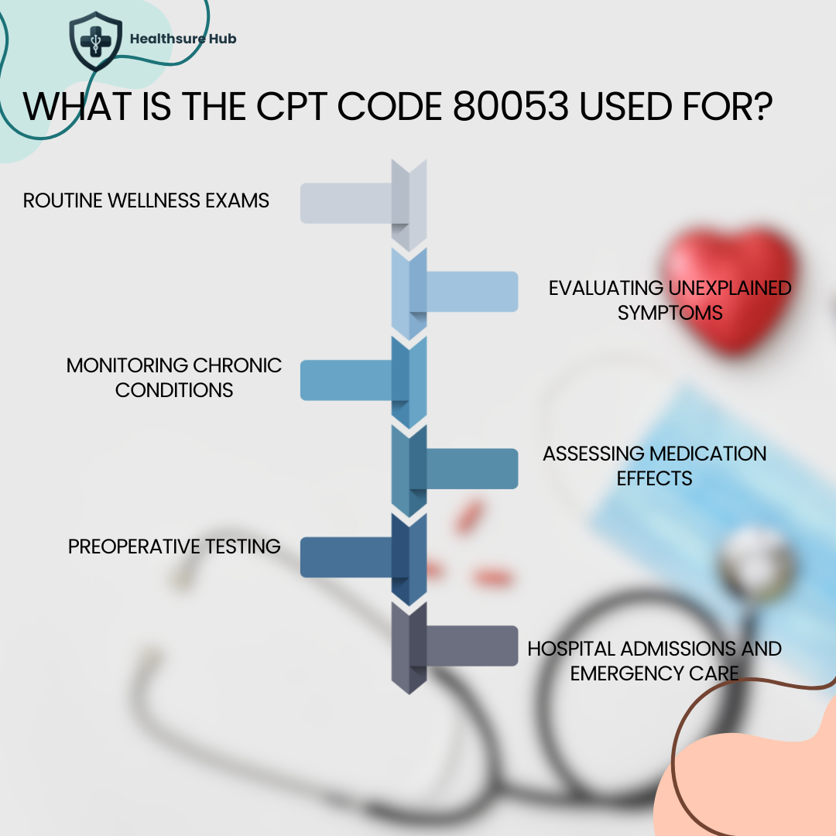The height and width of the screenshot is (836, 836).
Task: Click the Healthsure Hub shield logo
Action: tap(96, 41)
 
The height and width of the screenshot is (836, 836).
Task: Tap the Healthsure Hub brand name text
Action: tap(183, 38)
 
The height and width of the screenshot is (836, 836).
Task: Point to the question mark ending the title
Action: tap(759, 108)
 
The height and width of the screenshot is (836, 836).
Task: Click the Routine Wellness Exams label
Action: tap(146, 200)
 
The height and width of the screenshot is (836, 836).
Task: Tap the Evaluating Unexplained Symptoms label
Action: tap(670, 300)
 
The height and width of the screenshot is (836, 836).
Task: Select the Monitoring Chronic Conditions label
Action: tap(174, 377)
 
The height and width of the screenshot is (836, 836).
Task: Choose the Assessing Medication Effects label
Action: tap(654, 465)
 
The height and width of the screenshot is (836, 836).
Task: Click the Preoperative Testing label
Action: tap(174, 546)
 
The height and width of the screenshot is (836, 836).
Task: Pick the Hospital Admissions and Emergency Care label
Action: tap(654, 660)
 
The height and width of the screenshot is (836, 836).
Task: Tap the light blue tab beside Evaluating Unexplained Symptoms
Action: tap(472, 292)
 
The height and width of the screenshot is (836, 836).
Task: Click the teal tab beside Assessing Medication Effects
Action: tap(472, 468)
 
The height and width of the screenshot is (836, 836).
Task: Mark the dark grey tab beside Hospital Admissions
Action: tap(472, 646)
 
